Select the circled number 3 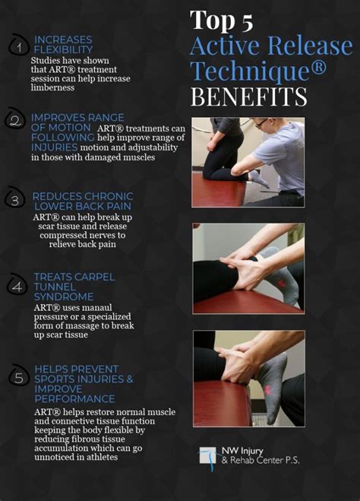click(x=15, y=201)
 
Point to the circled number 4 click(x=17, y=287)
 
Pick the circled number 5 click(x=19, y=378)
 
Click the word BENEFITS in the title click(x=248, y=97)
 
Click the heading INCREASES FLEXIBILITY click(x=63, y=45)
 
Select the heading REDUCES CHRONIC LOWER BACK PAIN click(x=83, y=201)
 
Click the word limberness click(x=52, y=87)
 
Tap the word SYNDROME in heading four click(x=64, y=296)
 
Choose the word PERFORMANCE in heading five click(x=74, y=399)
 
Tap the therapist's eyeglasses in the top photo click(x=262, y=123)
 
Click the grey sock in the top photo click(x=259, y=179)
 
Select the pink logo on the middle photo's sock click(x=281, y=284)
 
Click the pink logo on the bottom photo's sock click(x=267, y=390)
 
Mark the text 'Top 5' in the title click(x=222, y=21)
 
